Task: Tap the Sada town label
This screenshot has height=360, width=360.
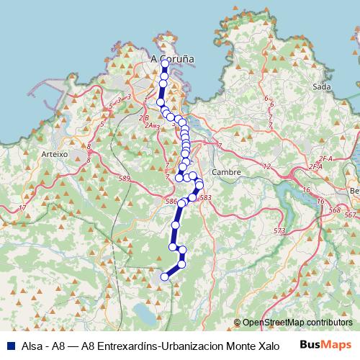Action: tap(322, 86)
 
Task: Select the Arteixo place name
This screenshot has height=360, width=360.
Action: tap(54, 154)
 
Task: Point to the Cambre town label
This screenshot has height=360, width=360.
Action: tap(226, 172)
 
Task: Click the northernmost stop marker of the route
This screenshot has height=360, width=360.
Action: tap(165, 63)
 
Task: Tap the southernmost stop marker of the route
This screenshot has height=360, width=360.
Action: tap(165, 276)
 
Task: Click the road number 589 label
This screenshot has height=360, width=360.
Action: tap(125, 178)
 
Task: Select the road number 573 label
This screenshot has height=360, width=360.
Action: tap(279, 230)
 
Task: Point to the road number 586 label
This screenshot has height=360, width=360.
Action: tap(171, 201)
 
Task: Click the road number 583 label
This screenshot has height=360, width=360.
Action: tap(205, 197)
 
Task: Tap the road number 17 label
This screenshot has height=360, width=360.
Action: tap(22, 208)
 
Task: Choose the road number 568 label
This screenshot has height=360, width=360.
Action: tap(333, 210)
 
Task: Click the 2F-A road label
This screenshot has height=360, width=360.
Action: tap(325, 158)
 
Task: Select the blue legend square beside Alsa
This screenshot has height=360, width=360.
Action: tap(8, 346)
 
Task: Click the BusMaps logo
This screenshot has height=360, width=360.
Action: tap(327, 345)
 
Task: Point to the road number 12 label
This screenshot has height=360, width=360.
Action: tap(266, 166)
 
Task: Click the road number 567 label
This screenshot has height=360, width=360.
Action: tap(350, 215)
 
